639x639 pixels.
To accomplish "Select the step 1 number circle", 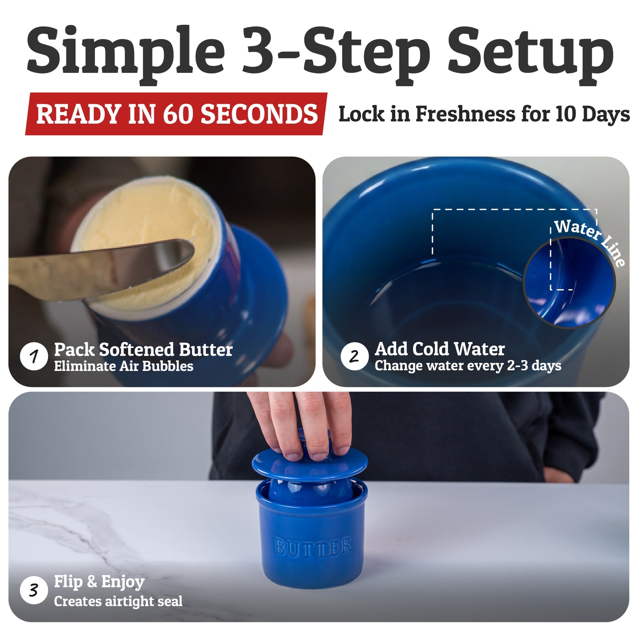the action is coord(34,356).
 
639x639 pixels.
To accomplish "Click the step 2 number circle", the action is coord(354,356).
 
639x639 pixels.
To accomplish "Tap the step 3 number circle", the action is coord(34,590).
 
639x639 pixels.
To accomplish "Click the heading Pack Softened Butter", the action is coord(143,350).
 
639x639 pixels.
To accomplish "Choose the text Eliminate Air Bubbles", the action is coord(124,366).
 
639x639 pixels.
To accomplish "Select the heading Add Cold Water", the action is coord(440,349).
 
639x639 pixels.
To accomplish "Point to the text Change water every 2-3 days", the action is coord(468,366).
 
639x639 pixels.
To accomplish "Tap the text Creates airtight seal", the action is coord(118,601).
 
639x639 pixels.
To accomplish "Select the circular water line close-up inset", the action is coord(569,283).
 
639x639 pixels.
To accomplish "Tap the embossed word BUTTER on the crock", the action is coord(313,547).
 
